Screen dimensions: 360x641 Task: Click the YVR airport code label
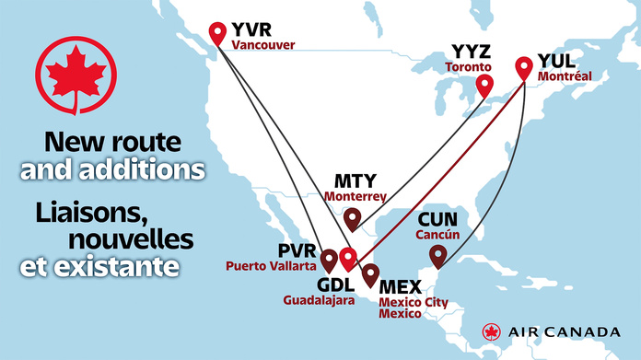[251, 29]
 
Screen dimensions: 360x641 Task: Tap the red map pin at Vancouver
[218, 33]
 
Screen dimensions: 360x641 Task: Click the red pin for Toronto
[483, 87]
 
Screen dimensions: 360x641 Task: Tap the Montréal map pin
[524, 67]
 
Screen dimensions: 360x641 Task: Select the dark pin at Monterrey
[353, 218]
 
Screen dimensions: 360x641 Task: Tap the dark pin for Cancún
[437, 253]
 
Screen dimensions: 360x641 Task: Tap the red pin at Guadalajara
[347, 257]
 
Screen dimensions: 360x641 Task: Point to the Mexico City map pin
[370, 273]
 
